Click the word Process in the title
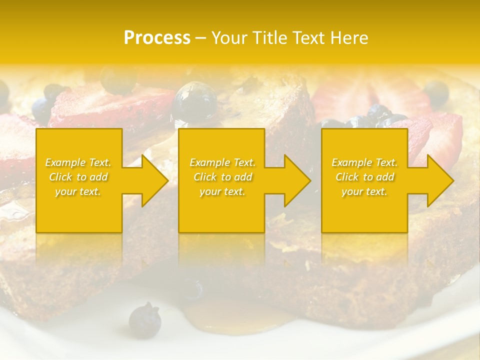point(157,38)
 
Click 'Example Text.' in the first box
point(78,162)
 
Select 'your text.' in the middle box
point(222,191)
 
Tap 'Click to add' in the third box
point(365,177)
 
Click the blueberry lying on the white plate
point(144,318)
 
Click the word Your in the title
point(228,38)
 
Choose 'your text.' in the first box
point(78,191)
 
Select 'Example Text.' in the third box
point(365,162)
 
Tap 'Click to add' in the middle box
point(222,177)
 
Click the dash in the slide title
point(200,38)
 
